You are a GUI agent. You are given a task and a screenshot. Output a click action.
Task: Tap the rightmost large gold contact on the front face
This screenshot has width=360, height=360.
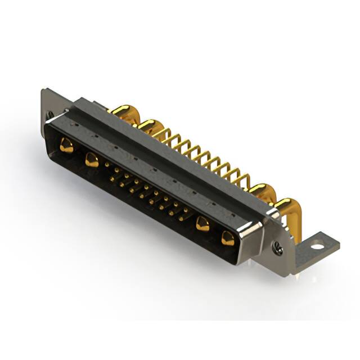[x=228, y=238]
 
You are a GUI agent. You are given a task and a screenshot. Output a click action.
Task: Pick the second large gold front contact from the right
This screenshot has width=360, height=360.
[x=202, y=224]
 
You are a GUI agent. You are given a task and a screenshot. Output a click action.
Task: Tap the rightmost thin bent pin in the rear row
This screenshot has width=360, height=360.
[x=243, y=180]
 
